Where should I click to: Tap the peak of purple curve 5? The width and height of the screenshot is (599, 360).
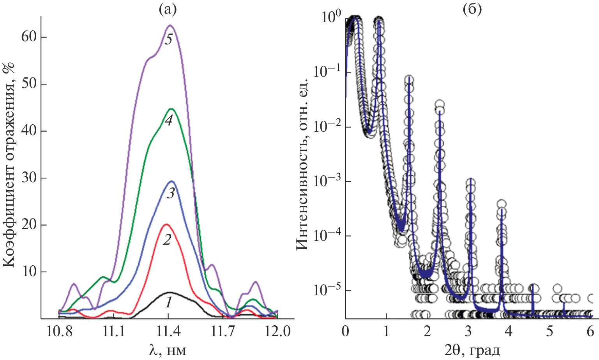(x=170, y=26)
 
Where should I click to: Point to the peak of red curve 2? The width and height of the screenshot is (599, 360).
(x=166, y=224)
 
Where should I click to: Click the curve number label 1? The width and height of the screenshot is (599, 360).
(x=168, y=302)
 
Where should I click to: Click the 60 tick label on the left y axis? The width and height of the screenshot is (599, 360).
(x=29, y=37)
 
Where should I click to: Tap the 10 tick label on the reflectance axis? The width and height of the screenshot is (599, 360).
(x=29, y=272)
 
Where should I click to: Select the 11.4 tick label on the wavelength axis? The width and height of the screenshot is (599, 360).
(x=168, y=332)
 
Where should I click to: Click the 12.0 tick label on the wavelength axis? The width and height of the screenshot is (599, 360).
(x=277, y=332)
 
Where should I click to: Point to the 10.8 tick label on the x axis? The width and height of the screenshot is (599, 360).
(x=59, y=332)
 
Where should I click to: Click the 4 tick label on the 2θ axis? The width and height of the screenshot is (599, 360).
(x=508, y=332)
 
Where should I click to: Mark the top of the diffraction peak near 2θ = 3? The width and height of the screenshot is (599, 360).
(x=471, y=180)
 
